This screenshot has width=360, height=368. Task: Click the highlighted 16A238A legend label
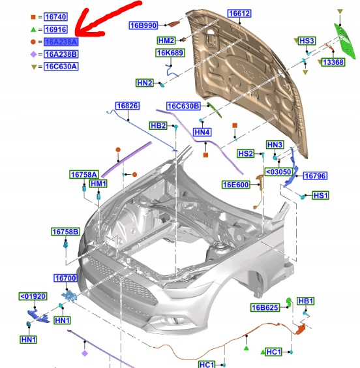click(x=61, y=42)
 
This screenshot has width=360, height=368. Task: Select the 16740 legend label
click(x=56, y=17)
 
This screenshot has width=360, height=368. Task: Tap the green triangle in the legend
click(x=33, y=29)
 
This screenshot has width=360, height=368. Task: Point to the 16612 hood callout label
click(x=239, y=14)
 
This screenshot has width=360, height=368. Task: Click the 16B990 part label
click(x=143, y=25)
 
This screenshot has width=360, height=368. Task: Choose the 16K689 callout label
click(x=170, y=53)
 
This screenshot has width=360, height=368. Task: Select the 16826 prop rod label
click(x=128, y=106)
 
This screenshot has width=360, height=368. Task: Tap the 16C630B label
click(x=183, y=106)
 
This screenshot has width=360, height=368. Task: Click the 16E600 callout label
click(x=235, y=185)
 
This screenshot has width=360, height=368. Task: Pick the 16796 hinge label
click(x=315, y=176)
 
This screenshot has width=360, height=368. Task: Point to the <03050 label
click(x=278, y=172)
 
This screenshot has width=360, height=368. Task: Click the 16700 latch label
click(x=65, y=278)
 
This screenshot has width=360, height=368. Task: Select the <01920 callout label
click(x=33, y=296)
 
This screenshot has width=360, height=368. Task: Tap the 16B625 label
click(x=265, y=307)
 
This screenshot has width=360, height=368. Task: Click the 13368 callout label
click(x=333, y=63)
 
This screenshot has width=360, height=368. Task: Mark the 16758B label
click(x=65, y=232)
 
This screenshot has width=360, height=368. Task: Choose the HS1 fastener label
click(x=320, y=196)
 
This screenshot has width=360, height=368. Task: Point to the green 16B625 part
click(x=289, y=302)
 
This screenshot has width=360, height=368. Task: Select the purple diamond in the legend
click(x=33, y=54)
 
